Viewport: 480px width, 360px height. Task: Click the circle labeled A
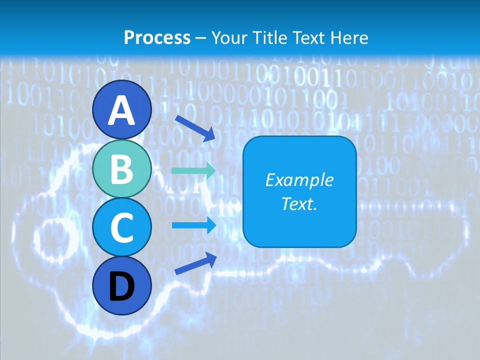[x=121, y=109]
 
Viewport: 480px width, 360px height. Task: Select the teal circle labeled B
[x=121, y=169]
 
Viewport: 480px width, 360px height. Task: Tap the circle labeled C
[x=121, y=227]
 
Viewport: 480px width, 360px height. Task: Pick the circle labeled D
[x=121, y=285]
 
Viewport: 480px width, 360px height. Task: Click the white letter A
[x=121, y=110]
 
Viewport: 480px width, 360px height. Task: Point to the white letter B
[x=122, y=169]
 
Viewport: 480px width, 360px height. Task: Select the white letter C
[x=121, y=228]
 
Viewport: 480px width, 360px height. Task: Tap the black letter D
[x=121, y=286]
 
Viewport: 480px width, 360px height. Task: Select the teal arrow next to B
[x=193, y=170]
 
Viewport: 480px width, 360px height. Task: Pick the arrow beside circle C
[x=194, y=225]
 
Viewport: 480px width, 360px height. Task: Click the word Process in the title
[x=157, y=37]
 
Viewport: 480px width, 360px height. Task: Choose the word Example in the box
[x=299, y=180]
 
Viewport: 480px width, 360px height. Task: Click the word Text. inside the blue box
[x=299, y=203]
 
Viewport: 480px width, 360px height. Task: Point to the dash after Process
[x=201, y=38]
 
